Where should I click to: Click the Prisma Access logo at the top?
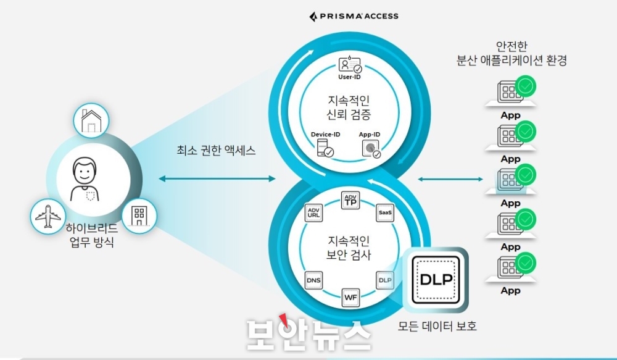354,16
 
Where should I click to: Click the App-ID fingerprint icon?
371,148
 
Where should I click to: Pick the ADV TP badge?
350,200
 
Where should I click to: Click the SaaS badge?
385,212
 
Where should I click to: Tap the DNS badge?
314,281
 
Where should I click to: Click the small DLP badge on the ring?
385,280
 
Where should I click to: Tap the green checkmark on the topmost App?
526,86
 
